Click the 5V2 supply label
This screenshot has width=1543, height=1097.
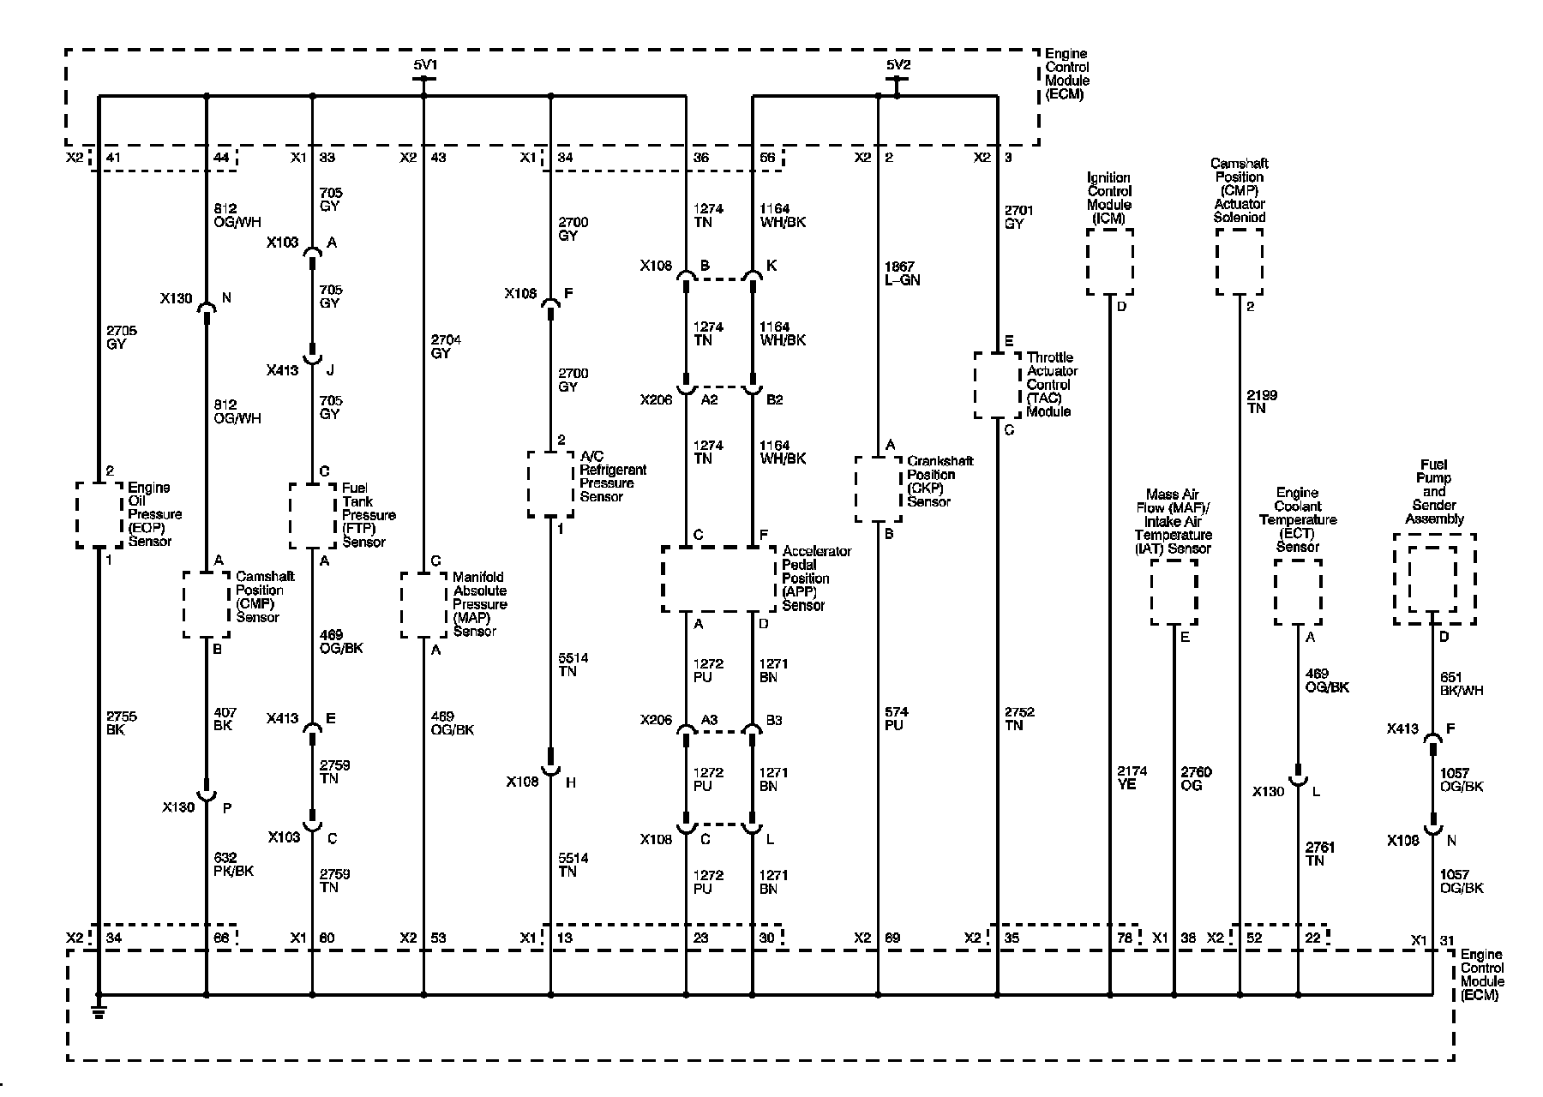[x=898, y=64]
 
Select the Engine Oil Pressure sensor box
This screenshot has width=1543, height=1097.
[x=99, y=514]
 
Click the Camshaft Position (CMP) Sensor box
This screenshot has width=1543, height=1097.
[x=207, y=605]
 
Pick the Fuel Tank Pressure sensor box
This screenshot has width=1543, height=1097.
[x=312, y=515]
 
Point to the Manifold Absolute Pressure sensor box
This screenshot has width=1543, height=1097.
[x=423, y=605]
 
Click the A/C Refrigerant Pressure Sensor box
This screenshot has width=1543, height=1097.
[x=550, y=484]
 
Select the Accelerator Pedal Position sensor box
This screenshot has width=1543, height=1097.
[x=718, y=578]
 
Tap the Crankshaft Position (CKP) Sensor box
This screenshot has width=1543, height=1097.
[x=878, y=489]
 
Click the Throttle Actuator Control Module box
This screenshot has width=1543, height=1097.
[x=997, y=385]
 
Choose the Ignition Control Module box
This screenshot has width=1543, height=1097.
[x=1109, y=262]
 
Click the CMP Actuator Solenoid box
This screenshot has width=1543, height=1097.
[x=1240, y=262]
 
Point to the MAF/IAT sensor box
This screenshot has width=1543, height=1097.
[x=1174, y=593]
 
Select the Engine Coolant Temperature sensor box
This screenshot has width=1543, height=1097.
[x=1297, y=593]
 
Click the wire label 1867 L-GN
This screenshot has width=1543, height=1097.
[x=902, y=273]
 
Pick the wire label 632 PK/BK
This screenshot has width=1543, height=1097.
[x=231, y=864]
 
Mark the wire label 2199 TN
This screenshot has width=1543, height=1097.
[x=1260, y=401]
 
